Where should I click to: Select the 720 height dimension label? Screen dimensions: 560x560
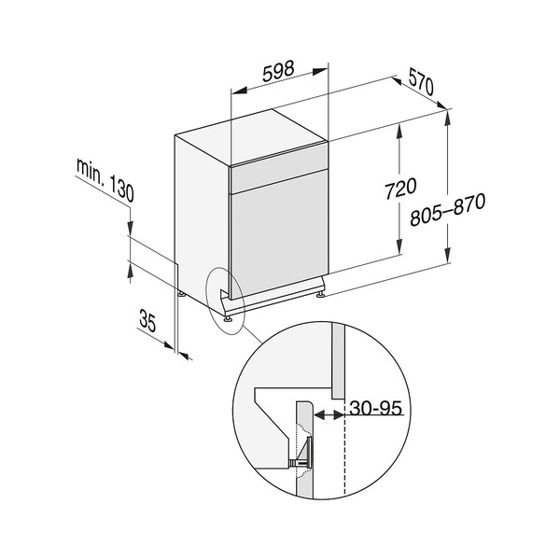pyautogui.click(x=399, y=189)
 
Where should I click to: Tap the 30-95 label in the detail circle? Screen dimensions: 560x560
pyautogui.click(x=378, y=407)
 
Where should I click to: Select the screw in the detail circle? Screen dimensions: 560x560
pyautogui.click(x=298, y=460)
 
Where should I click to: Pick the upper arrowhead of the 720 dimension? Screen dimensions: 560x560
pyautogui.click(x=399, y=131)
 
